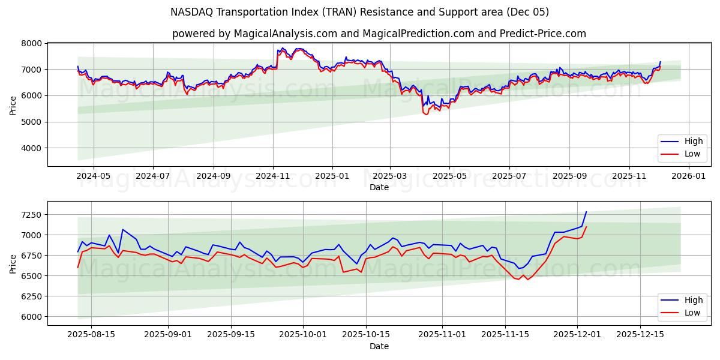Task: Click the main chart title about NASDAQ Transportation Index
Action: pyautogui.click(x=359, y=12)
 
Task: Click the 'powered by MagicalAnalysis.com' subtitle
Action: pyautogui.click(x=379, y=34)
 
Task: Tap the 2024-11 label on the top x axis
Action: pyautogui.click(x=273, y=176)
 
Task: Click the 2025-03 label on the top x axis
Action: pyautogui.click(x=390, y=176)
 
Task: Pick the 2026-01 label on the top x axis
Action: pyautogui.click(x=688, y=176)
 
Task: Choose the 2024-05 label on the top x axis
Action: pyautogui.click(x=94, y=176)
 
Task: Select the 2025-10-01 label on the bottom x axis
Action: pyautogui.click(x=303, y=335)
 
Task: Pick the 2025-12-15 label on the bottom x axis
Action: pyautogui.click(x=640, y=335)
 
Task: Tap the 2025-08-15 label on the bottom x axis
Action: pyautogui.click(x=91, y=335)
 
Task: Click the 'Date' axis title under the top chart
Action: pyautogui.click(x=379, y=187)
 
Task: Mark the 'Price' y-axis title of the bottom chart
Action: pyautogui.click(x=13, y=264)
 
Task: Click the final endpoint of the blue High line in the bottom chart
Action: pyautogui.click(x=586, y=212)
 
